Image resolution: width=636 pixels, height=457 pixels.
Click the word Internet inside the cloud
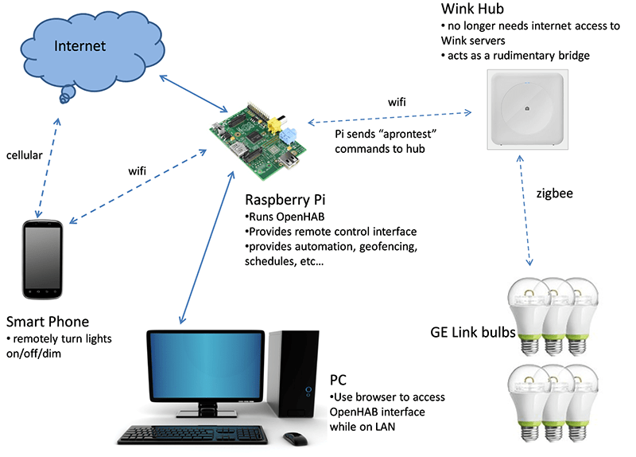point(79,46)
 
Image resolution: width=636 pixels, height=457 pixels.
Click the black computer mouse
point(293,438)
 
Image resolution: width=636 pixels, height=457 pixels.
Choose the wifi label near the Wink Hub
point(399,102)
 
